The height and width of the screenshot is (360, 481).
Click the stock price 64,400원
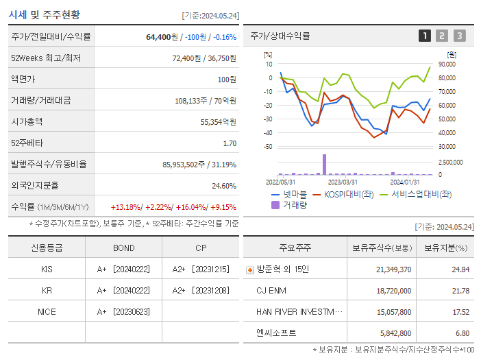tap(162, 37)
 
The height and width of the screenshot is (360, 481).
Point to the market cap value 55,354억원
tap(218, 122)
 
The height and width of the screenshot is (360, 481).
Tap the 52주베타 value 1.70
tap(230, 143)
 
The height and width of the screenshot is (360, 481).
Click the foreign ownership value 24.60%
tap(224, 186)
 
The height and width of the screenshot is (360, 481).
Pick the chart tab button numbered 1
tap(425, 36)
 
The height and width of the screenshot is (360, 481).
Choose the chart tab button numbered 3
tap(459, 36)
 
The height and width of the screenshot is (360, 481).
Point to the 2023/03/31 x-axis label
tap(343, 182)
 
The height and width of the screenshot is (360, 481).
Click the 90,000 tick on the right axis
tap(446, 64)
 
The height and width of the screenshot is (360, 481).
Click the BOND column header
tap(123, 248)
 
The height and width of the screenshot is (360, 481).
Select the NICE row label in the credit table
tap(47, 311)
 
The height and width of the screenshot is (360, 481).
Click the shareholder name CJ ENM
tap(271, 291)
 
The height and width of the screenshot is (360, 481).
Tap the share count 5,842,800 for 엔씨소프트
tap(394, 333)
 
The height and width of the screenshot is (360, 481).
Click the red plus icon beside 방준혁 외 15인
tap(249, 270)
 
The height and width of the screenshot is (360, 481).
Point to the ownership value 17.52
tap(460, 311)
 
